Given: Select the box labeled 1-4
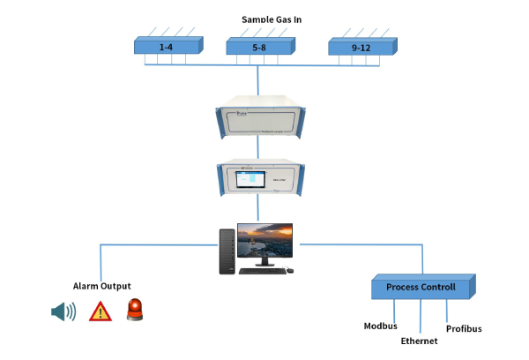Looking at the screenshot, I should [167, 46].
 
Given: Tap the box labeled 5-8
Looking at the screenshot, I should [258, 46].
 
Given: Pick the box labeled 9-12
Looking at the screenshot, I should [361, 46].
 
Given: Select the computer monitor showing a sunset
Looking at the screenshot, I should [268, 243].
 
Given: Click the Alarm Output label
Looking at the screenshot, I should [102, 286].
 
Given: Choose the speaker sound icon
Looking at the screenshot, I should [63, 311].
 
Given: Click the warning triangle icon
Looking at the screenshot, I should [101, 311].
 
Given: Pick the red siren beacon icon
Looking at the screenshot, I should [136, 310].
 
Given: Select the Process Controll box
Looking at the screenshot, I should [421, 288].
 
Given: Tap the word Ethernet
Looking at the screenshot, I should [419, 341].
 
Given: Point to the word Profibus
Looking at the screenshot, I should [464, 329].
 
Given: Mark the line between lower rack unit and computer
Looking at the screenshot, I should [257, 207].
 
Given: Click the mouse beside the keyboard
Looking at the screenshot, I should [286, 271].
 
